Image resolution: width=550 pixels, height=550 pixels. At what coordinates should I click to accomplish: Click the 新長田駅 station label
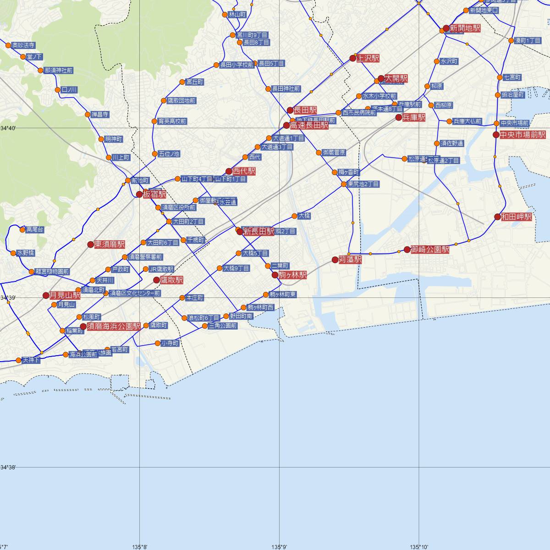[x=259, y=231]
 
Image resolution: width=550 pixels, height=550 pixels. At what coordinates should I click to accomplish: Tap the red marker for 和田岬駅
[x=497, y=217]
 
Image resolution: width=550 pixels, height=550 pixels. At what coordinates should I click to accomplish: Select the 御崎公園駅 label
[x=430, y=249]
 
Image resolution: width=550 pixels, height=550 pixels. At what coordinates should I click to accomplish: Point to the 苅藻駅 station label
[x=350, y=260]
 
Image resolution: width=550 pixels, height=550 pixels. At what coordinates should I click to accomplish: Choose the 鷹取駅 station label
[x=172, y=280]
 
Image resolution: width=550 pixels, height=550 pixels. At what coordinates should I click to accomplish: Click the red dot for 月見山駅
[x=46, y=296]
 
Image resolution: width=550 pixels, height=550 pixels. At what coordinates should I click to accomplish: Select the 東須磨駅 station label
[x=110, y=244]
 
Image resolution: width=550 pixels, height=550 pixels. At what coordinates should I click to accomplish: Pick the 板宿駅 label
[x=154, y=194]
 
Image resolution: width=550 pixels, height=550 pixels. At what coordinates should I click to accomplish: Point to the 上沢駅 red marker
[x=352, y=58]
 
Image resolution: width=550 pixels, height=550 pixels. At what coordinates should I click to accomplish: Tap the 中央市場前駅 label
[x=522, y=135]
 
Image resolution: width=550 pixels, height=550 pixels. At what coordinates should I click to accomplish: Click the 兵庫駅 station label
[x=414, y=118]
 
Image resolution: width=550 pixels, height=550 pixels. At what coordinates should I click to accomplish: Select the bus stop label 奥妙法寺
[x=23, y=45]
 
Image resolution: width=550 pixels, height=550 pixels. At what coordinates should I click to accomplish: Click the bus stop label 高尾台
[x=35, y=229]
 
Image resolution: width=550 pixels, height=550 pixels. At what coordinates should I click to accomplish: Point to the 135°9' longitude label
[x=279, y=546]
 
